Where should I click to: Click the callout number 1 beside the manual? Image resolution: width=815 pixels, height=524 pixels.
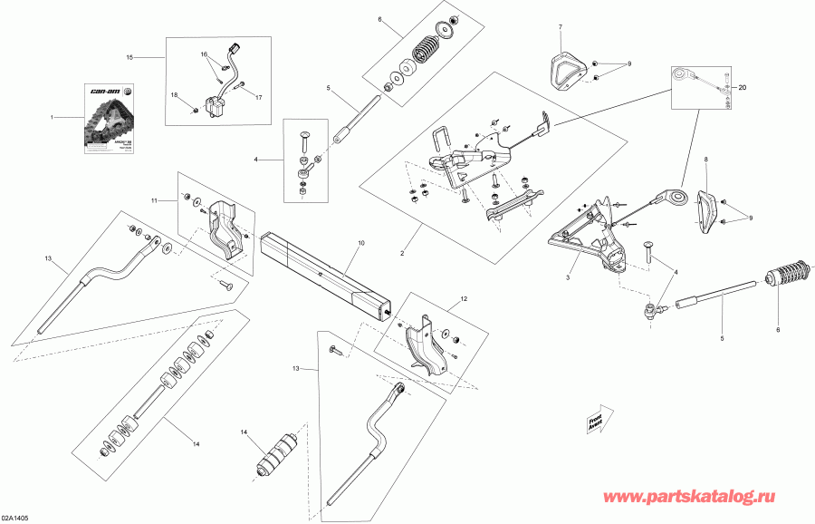click(53, 117)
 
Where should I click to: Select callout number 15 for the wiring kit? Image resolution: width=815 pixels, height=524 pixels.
click(129, 57)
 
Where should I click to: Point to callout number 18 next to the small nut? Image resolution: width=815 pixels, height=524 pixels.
click(175, 94)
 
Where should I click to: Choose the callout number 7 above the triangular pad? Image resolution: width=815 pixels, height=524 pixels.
click(561, 27)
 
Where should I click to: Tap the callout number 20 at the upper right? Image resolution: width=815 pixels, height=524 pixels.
click(742, 88)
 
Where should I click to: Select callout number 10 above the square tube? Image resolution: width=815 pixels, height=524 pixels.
click(360, 244)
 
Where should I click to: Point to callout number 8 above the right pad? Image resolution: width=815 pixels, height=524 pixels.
click(707, 159)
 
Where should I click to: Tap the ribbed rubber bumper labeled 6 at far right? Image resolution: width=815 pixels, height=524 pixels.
click(784, 272)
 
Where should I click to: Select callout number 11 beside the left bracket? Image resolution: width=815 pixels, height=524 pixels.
click(154, 199)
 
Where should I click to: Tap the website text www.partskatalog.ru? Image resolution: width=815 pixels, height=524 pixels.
click(705, 498)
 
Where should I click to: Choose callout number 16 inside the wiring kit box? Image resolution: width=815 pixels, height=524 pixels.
click(204, 53)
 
